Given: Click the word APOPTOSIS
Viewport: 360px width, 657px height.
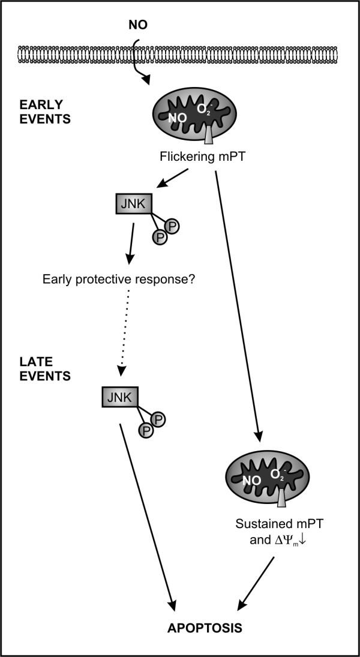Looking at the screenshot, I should pyautogui.click(x=205, y=628).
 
